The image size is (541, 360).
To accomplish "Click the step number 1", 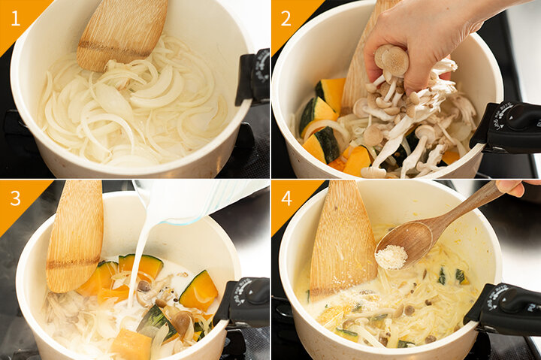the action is point(16,18).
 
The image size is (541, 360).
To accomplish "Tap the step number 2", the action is point(286,18).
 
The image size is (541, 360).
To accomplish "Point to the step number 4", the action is point(287,198).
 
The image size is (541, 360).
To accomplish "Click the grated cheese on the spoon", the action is point(391,257).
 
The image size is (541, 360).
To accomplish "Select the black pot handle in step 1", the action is point(253,77).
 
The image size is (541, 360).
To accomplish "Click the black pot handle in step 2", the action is point(507,128).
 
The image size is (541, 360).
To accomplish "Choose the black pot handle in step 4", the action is point(503,309).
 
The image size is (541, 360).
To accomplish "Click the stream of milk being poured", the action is point(138,262).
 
